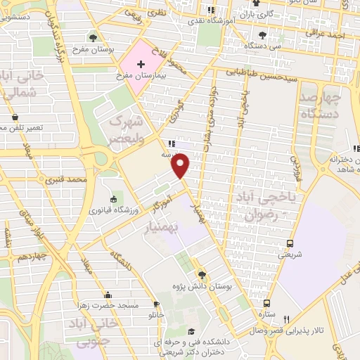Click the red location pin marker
click(x=181, y=166)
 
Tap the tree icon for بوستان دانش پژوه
click(x=202, y=275)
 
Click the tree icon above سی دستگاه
click(x=262, y=34)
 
